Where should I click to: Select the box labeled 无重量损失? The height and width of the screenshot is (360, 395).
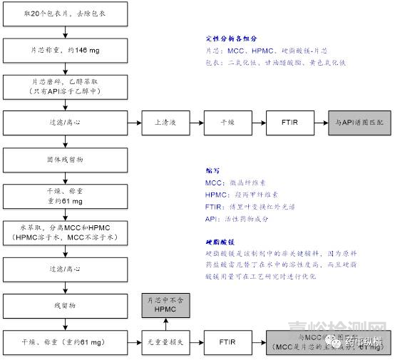pyautogui.click(x=165, y=343)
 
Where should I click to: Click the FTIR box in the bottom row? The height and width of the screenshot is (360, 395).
pyautogui.click(x=227, y=343)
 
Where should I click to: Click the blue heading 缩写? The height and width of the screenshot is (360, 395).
pyautogui.click(x=211, y=171)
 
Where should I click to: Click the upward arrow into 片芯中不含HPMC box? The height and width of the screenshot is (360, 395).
pyautogui.click(x=165, y=324)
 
